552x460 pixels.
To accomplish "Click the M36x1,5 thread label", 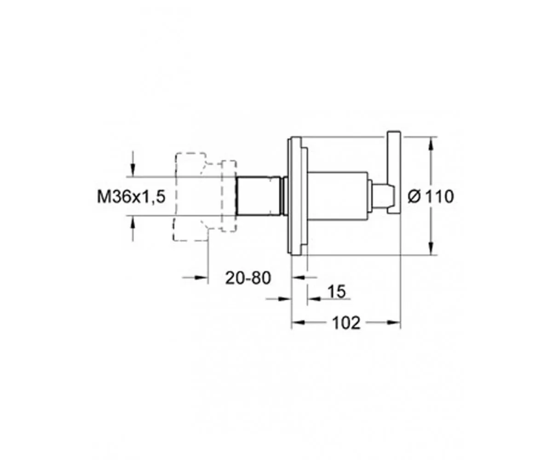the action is click(x=131, y=197).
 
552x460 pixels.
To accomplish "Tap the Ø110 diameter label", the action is click(x=431, y=197).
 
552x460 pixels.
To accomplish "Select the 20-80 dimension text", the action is click(x=248, y=278).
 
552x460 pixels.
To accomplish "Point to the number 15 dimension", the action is click(x=337, y=291).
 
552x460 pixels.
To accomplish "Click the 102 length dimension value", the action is click(x=346, y=323).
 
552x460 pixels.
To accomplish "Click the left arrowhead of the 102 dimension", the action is click(x=298, y=322).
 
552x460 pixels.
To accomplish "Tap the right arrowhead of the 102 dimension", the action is click(x=394, y=322).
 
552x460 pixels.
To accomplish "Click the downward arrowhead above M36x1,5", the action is click(x=133, y=170).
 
